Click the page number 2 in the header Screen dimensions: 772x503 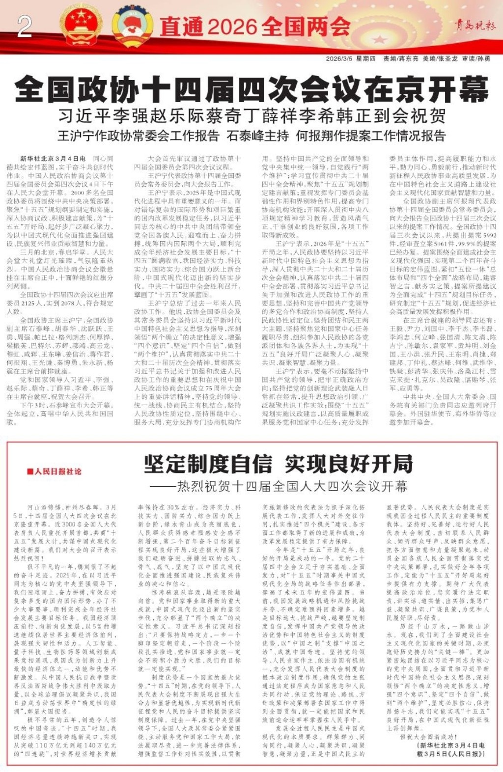pos(25,27)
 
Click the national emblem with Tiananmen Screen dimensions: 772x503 pos(81,25)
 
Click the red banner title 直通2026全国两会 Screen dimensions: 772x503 pos(255,26)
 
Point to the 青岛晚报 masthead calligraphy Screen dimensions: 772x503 pos(474,25)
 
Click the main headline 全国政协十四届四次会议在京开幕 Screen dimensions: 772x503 pos(251,89)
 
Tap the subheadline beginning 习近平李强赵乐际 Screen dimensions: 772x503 pos(251,116)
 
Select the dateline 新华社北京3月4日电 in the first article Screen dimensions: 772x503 pos(53,159)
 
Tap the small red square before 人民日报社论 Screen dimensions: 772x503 pos(30,472)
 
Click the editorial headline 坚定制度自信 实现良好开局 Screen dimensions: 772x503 pos(278,464)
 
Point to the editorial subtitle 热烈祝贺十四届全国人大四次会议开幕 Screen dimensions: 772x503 pos(281,486)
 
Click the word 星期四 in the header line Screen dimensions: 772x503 pos(365,58)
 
